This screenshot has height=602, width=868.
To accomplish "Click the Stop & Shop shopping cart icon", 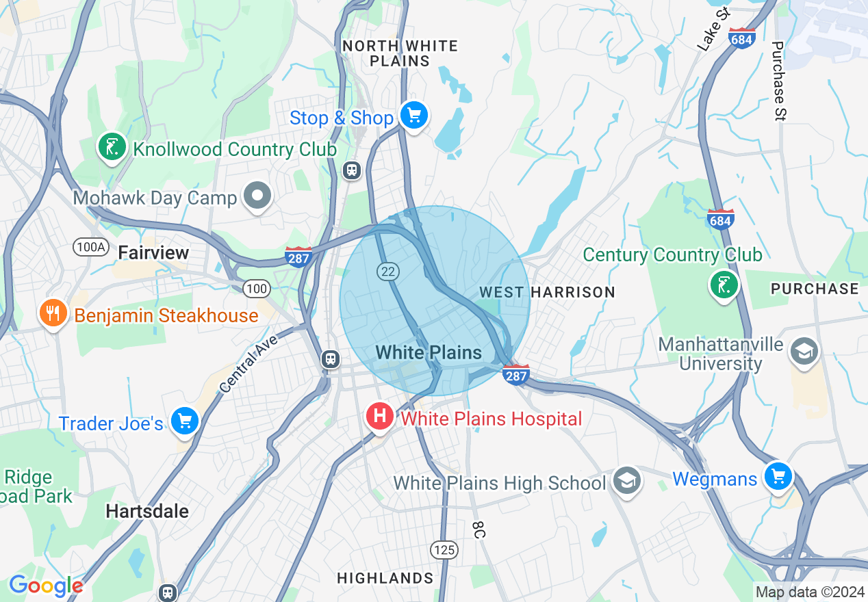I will (413, 116).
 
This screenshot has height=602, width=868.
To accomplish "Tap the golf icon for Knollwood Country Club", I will (112, 146).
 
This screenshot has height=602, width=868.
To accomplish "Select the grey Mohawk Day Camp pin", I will (257, 196).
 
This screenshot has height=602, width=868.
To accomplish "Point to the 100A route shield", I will (90, 246).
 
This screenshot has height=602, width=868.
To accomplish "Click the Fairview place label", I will (153, 253).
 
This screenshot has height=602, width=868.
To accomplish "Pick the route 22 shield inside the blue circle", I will (387, 272).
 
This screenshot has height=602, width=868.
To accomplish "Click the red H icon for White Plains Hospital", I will (379, 417).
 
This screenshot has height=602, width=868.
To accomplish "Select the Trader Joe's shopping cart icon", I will (184, 421).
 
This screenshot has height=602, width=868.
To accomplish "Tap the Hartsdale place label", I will (147, 511).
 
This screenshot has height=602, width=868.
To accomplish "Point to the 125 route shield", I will (444, 549).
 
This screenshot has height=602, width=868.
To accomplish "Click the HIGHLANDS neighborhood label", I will (385, 578).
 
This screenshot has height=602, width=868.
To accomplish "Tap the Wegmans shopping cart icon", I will (778, 475).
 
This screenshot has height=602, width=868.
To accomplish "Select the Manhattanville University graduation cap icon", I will (802, 352).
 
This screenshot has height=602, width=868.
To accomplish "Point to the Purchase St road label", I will (778, 81).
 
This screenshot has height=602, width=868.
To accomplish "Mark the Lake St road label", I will (714, 31).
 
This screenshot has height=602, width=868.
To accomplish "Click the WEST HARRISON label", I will (547, 292).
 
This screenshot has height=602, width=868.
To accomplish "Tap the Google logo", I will (46, 586).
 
